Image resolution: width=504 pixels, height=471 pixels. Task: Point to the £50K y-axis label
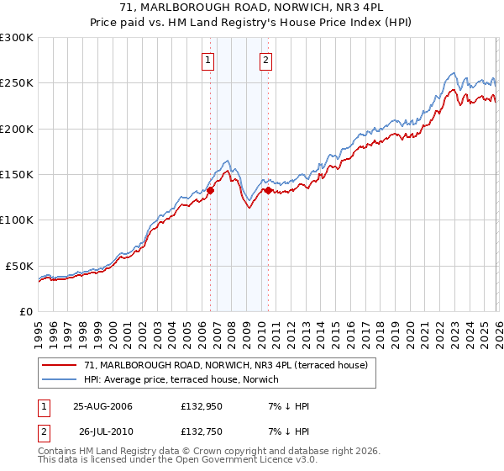(19, 266)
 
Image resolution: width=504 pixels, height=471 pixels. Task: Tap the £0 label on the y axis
(26, 311)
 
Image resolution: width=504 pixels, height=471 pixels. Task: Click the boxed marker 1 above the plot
(207, 60)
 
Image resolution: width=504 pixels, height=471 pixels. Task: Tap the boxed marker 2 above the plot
(265, 60)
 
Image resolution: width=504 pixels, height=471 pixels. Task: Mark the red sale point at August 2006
(211, 190)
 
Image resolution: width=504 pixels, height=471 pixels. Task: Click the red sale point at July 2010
(269, 190)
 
